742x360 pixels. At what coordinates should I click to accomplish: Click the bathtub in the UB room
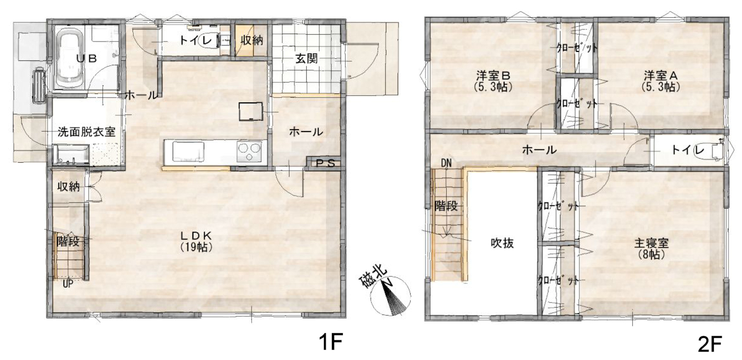pos(71,57)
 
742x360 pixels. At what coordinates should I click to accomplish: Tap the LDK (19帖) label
pos(196,241)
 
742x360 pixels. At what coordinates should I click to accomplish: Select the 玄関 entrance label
pos(306,59)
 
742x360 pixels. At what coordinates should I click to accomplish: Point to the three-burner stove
pos(249,151)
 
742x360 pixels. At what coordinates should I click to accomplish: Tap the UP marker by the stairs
pos(68,284)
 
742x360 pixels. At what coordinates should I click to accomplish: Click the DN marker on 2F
pos(446,163)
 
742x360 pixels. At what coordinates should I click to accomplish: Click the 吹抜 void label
pos(502,243)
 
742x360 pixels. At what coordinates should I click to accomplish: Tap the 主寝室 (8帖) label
pos(651,248)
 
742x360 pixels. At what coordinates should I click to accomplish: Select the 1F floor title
pos(330,342)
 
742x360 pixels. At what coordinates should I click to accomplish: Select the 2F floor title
pos(709,344)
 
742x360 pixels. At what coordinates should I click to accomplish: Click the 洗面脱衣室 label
pos(87,132)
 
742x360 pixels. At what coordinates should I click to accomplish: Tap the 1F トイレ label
pos(196,41)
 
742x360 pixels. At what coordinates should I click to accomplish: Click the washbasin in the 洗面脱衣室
pos(71,155)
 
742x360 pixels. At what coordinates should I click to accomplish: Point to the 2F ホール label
pos(539,150)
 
